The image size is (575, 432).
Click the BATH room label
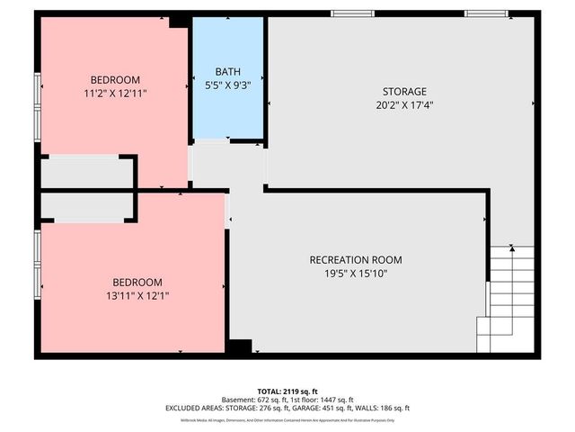pyautogui.click(x=228, y=72)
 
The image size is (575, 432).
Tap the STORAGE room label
pyautogui.click(x=403, y=92)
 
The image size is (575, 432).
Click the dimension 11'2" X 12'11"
pyautogui.click(x=114, y=92)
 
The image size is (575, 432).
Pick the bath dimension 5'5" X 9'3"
pyautogui.click(x=228, y=86)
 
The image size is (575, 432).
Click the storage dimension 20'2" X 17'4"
pyautogui.click(x=403, y=105)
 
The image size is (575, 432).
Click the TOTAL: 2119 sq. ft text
pyautogui.click(x=288, y=391)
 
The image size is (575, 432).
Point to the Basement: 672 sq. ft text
pyautogui.click(x=258, y=400)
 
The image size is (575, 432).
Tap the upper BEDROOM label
pyautogui.click(x=114, y=79)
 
